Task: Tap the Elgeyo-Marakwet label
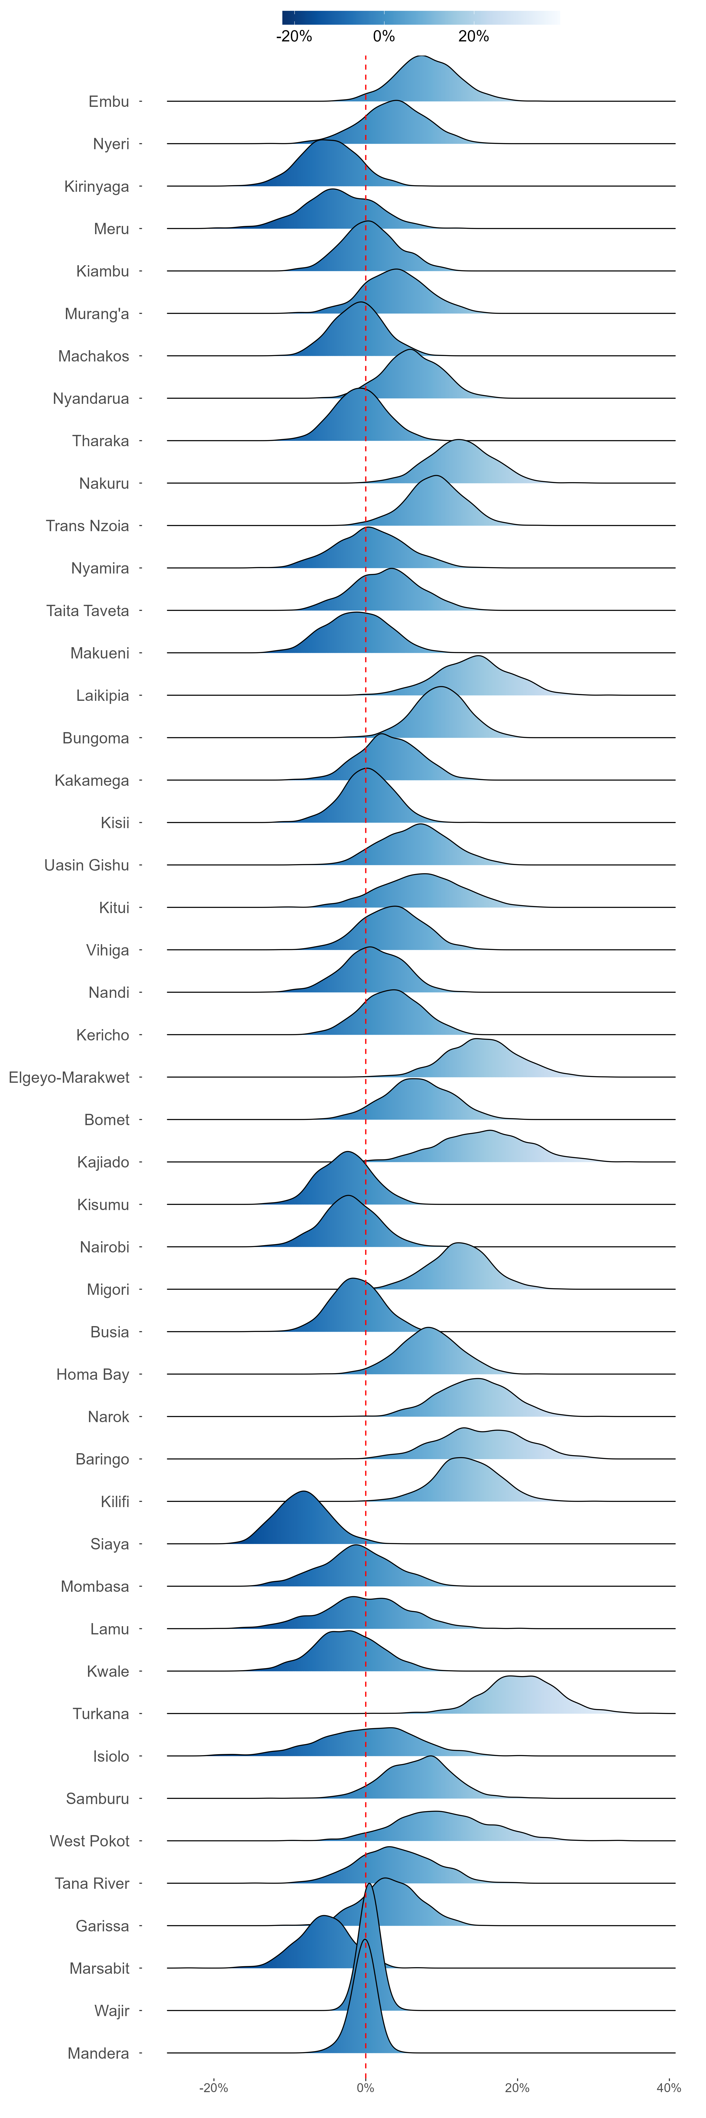[69, 1077]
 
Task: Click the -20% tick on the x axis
[214, 2088]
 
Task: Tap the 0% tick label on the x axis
[366, 2088]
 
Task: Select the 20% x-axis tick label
[517, 2088]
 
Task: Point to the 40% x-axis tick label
[668, 2088]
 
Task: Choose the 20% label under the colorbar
[473, 36]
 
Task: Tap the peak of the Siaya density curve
[303, 1491]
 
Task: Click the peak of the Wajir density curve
[370, 1884]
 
